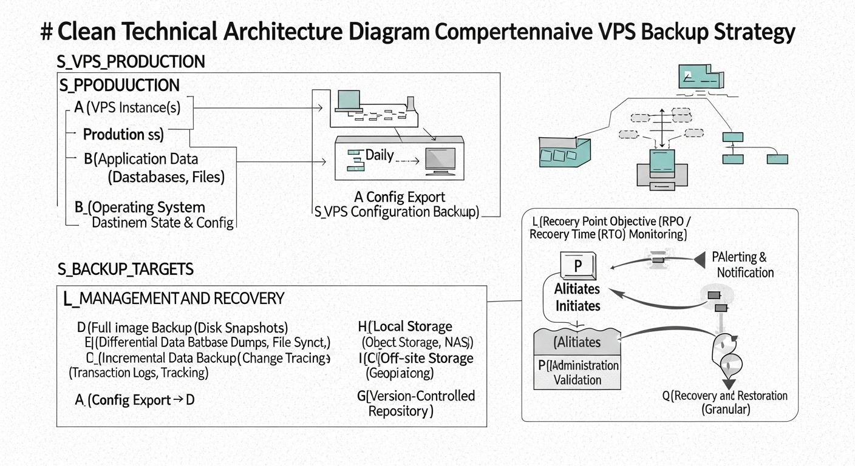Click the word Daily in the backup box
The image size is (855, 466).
pyautogui.click(x=380, y=155)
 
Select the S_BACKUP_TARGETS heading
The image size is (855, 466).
pyautogui.click(x=126, y=269)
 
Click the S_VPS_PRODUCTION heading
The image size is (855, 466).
pyautogui.click(x=131, y=62)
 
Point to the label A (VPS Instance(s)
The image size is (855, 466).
pyautogui.click(x=127, y=108)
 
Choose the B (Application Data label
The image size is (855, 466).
pyautogui.click(x=141, y=160)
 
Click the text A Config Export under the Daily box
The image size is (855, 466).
pyautogui.click(x=400, y=197)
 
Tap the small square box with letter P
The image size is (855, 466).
pyautogui.click(x=577, y=266)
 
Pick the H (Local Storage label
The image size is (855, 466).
pyautogui.click(x=406, y=327)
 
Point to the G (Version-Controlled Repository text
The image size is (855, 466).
pyautogui.click(x=416, y=403)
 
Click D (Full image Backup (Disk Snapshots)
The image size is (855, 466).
pyautogui.click(x=182, y=328)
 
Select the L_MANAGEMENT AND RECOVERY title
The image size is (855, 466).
pyautogui.click(x=174, y=299)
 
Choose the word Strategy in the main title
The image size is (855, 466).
pyautogui.click(x=756, y=32)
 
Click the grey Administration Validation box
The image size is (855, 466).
pyautogui.click(x=577, y=373)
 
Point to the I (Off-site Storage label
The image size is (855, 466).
pyautogui.click(x=416, y=358)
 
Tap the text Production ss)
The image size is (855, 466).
pyautogui.click(x=123, y=134)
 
